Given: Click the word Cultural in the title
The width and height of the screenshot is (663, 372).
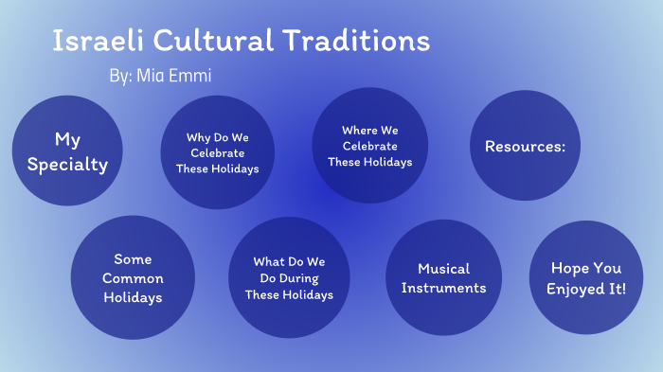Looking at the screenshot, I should tap(210, 41).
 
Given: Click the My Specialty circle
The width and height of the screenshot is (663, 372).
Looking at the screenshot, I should tap(67, 151).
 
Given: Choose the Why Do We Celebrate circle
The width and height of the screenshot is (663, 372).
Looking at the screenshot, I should tap(217, 152).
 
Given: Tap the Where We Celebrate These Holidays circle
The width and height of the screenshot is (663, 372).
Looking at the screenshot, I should tap(369, 146).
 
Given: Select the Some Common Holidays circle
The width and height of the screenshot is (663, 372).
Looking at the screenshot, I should tap(133, 278).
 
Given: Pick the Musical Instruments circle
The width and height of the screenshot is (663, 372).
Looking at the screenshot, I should tap(443, 278).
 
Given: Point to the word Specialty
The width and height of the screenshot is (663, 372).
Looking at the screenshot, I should tap(67, 164).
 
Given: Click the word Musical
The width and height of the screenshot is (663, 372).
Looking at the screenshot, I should tap(443, 269).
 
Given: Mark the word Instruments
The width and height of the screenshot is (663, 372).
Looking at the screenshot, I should tap(443, 288).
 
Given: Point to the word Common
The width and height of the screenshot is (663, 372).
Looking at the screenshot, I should tap(133, 278).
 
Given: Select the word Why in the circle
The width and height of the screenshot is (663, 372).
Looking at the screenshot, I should tap(198, 137).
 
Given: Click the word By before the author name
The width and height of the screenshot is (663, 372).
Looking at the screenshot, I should tap(120, 76).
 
